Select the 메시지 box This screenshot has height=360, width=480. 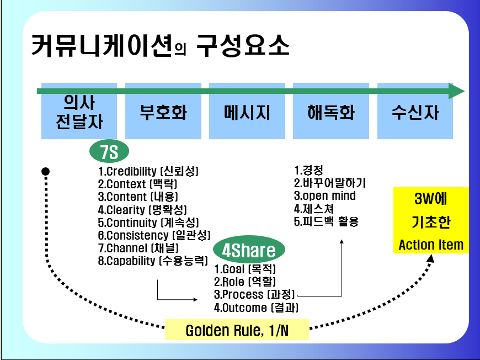(x=247, y=112)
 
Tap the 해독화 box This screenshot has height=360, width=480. (x=330, y=112)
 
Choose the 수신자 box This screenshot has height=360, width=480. (x=414, y=112)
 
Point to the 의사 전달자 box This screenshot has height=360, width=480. (x=79, y=112)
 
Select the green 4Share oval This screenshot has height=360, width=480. (x=248, y=251)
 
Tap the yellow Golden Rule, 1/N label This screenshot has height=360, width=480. (x=237, y=331)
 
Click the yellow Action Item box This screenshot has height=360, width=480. (x=431, y=221)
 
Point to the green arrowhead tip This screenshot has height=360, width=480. (x=463, y=91)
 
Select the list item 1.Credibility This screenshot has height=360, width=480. (x=148, y=171)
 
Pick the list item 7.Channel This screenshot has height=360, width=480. (x=138, y=248)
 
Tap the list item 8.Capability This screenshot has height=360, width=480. (x=153, y=261)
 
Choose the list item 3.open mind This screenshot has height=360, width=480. (x=325, y=196)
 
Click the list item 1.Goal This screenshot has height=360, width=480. (x=245, y=269)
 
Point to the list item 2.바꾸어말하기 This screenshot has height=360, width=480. (x=330, y=183)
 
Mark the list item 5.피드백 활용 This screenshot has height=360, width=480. (x=326, y=222)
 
